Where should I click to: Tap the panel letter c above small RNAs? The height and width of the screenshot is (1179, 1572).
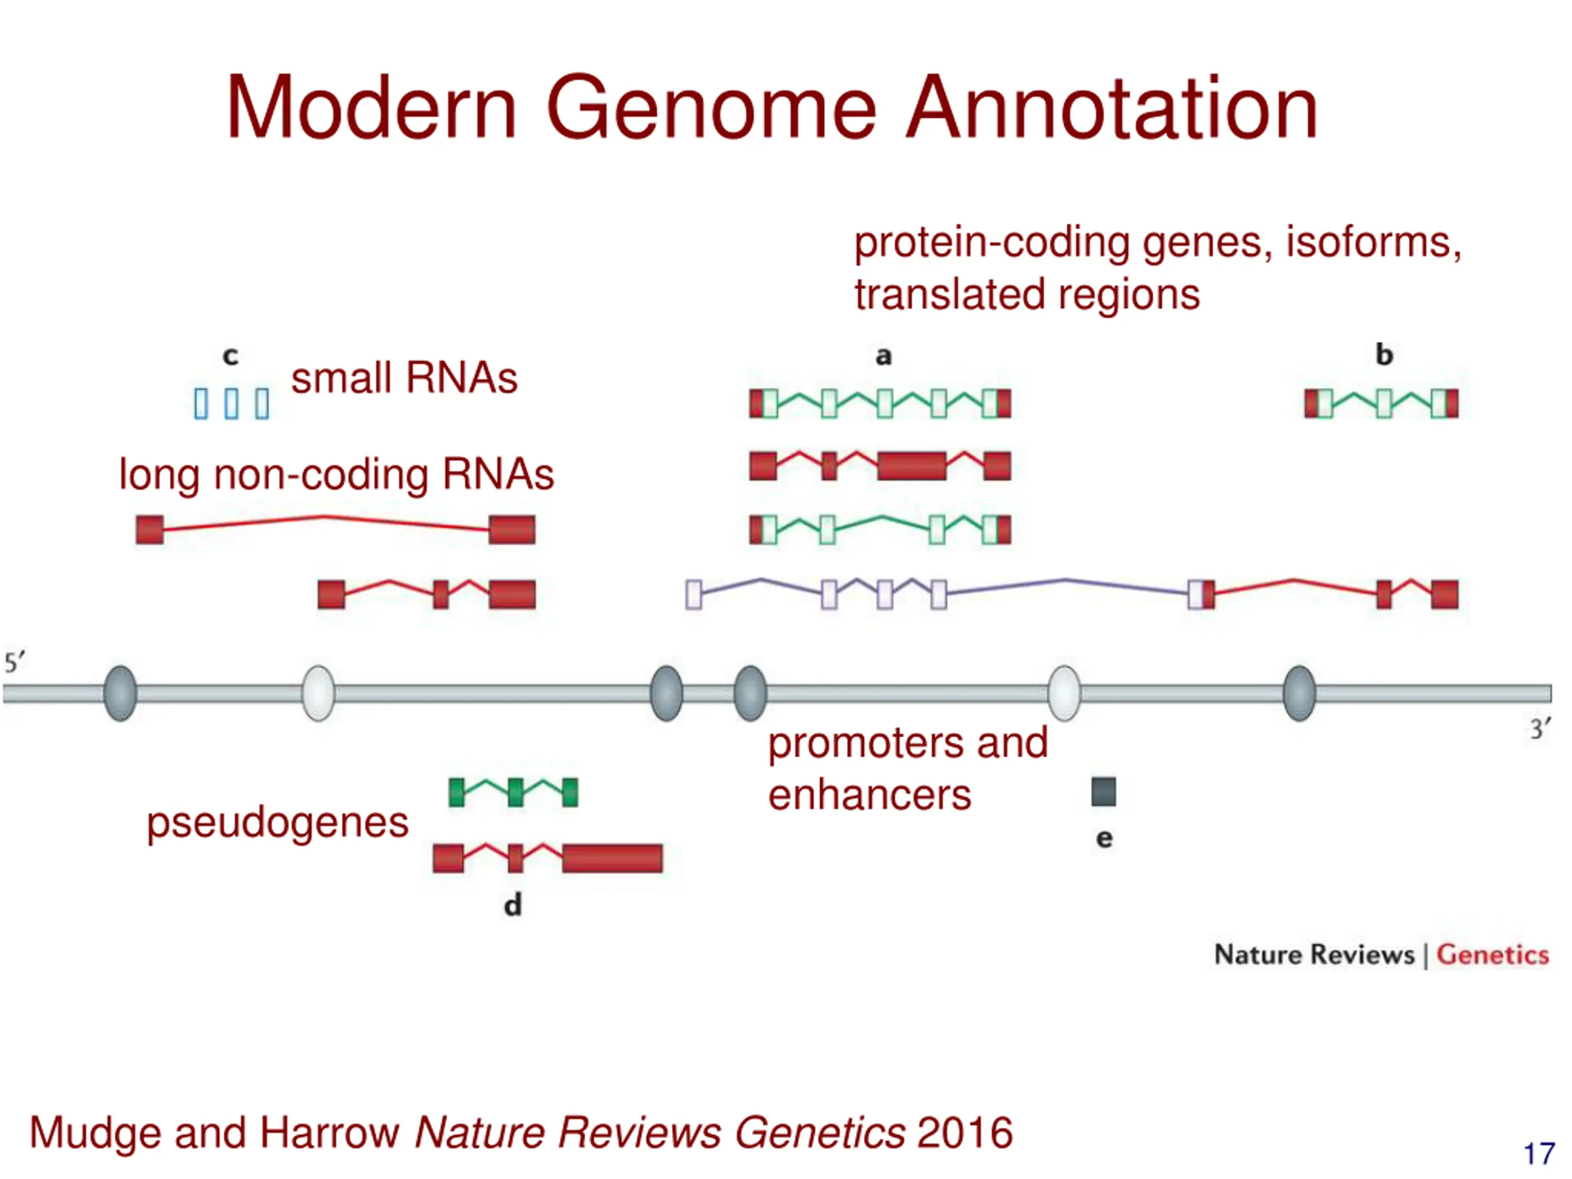[x=230, y=356]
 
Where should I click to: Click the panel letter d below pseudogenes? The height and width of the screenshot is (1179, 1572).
[x=512, y=905]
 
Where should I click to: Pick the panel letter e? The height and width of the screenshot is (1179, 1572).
[x=1103, y=839]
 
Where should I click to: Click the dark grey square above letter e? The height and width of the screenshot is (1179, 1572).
[x=1103, y=792]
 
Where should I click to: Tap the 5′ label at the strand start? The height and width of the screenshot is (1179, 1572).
[x=14, y=663]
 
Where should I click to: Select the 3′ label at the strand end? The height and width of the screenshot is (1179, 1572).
[x=1541, y=729]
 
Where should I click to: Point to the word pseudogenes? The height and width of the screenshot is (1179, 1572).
[x=277, y=823]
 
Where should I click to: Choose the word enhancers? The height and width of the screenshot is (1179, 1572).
[x=869, y=795]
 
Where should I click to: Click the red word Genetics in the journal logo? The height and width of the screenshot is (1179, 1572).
[x=1492, y=954]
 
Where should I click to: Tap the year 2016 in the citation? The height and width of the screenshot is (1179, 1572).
[x=964, y=1132]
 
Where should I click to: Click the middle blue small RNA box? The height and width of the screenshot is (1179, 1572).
[x=232, y=403]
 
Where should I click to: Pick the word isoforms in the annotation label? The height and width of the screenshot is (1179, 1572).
[x=1373, y=243]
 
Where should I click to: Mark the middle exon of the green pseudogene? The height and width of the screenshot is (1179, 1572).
[x=515, y=792]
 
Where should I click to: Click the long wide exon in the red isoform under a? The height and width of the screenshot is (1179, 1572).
[x=912, y=466]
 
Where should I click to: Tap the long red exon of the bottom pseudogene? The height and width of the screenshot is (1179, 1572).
[x=612, y=858]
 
